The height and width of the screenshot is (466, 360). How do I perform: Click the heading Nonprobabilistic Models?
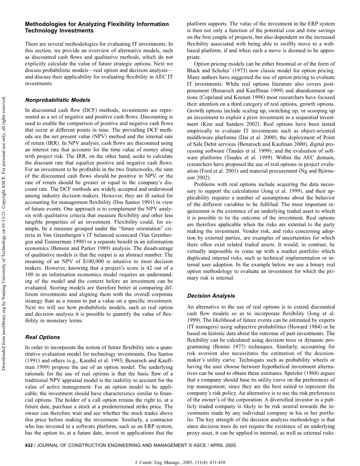pyautogui.click(x=57, y=100)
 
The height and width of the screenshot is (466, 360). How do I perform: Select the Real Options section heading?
pyautogui.click(x=42, y=337)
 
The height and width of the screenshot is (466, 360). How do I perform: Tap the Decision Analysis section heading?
pyautogui.click(x=211, y=296)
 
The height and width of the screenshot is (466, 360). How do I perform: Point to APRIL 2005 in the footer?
pyautogui.click(x=222, y=446)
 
